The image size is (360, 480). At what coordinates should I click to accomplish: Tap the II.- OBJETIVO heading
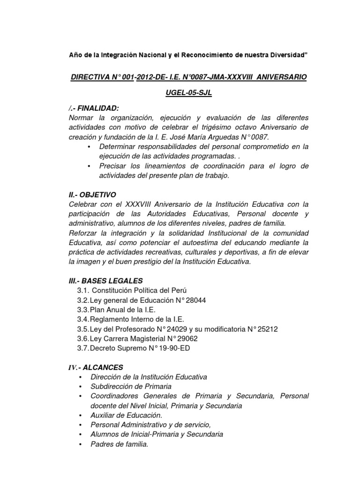tap(92, 194)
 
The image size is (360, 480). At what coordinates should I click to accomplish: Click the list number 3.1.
tap(83, 290)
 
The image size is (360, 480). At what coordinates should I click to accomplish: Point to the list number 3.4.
tap(83, 319)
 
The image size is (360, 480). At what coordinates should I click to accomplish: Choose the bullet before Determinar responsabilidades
tap(90, 147)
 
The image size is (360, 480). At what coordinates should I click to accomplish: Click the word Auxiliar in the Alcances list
tap(104, 415)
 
